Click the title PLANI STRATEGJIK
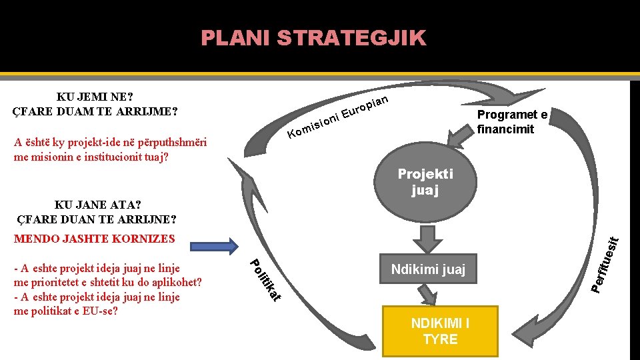point(313,38)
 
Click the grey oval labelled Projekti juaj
point(425,182)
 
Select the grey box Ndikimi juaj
point(428,270)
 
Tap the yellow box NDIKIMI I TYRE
point(440,331)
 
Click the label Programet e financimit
point(512,121)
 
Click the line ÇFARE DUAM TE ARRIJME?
point(95,110)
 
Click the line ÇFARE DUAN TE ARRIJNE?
point(96,219)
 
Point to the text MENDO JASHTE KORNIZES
point(94,239)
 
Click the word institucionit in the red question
point(114,157)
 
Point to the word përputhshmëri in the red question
point(170,143)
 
